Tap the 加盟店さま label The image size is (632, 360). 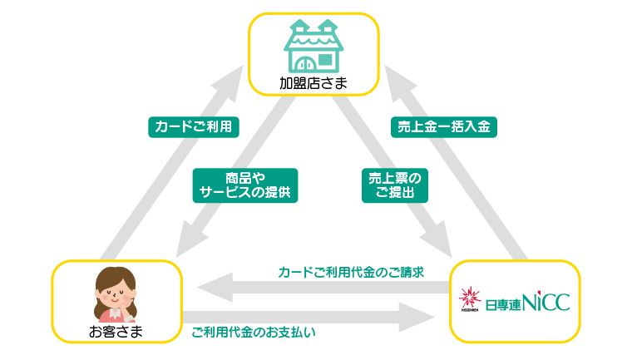(x=314, y=83)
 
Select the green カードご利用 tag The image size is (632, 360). (x=194, y=127)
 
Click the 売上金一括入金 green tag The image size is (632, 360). (x=444, y=127)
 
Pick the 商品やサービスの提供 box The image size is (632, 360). (x=245, y=185)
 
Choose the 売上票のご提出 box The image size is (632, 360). (x=395, y=185)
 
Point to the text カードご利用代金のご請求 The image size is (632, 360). (x=351, y=273)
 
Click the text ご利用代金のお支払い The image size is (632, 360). (x=253, y=333)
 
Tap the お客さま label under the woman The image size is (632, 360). (x=116, y=332)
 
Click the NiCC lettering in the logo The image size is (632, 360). (x=546, y=302)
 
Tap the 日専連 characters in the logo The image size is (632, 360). (x=503, y=305)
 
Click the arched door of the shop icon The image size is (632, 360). (x=304, y=63)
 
